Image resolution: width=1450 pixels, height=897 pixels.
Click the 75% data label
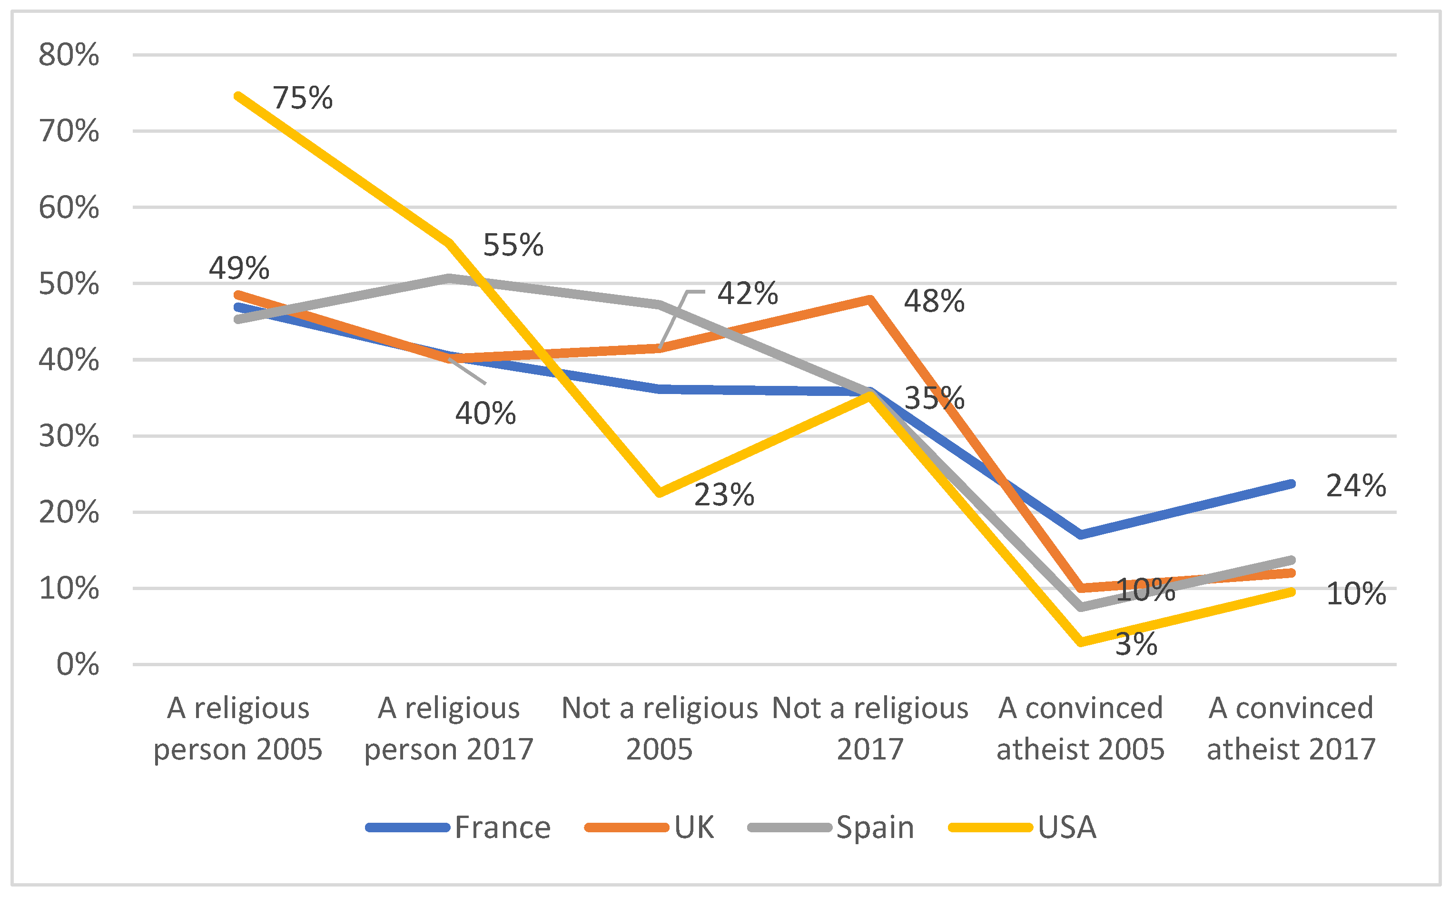tap(302, 99)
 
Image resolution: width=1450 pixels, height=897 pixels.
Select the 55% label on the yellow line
tap(513, 245)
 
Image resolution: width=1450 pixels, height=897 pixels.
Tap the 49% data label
tap(238, 268)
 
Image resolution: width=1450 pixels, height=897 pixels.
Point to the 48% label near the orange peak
tap(933, 301)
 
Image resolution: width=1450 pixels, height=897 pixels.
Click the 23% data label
tap(724, 495)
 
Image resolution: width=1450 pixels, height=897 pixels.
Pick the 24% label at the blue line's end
tap(1356, 486)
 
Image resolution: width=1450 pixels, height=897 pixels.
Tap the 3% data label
tap(1135, 644)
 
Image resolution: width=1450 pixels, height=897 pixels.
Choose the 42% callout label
tap(747, 294)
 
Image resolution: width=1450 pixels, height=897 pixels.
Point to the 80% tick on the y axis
tap(69, 55)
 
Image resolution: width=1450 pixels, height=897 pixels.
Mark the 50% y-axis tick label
tap(69, 284)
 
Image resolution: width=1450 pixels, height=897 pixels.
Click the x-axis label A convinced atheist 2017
tap(1291, 729)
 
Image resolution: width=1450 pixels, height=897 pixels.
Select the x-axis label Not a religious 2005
tap(659, 729)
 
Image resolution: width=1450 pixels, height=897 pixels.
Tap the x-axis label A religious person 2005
tap(238, 729)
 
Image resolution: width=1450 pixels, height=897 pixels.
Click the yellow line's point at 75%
tap(238, 96)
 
